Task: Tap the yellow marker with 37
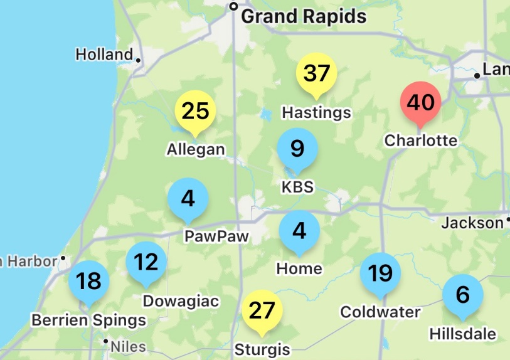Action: [x=316, y=74]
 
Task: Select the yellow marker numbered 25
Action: [x=195, y=112]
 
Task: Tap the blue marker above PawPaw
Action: [x=188, y=199]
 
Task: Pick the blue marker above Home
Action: [x=299, y=231]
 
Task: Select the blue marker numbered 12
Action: [x=146, y=262]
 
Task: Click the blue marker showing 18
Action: [x=88, y=281]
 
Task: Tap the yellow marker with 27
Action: [x=262, y=310]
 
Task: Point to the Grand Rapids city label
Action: [x=304, y=16]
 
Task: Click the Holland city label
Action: [x=104, y=55]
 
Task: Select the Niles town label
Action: [x=128, y=346]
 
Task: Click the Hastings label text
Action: [x=316, y=113]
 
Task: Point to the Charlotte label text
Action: [x=421, y=140]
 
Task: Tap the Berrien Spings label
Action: [x=88, y=320]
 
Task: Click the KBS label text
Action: [x=297, y=187]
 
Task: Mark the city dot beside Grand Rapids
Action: [x=234, y=7]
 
